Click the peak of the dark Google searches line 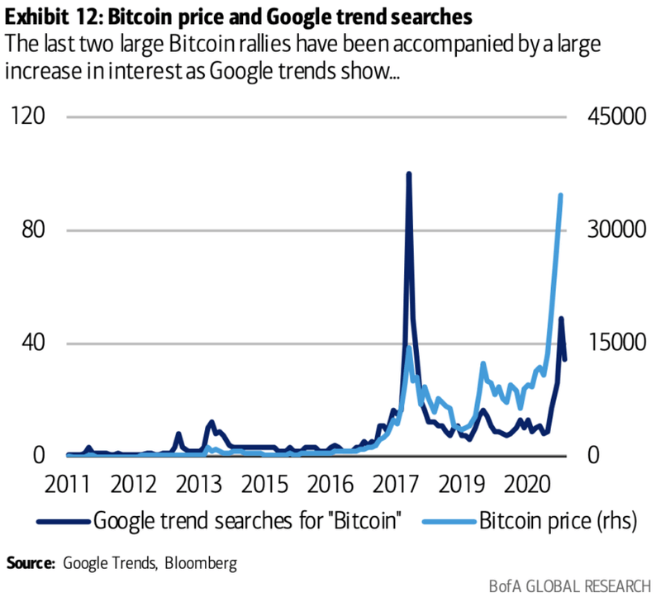tap(408, 175)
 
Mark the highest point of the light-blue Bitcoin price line tap(561, 196)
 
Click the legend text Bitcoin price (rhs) tap(550, 520)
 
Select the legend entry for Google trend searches tap(248, 520)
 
